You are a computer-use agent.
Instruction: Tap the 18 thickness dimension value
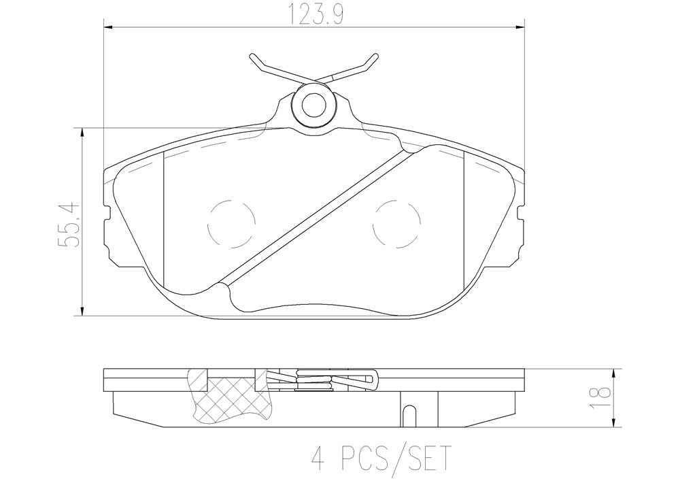click(600, 392)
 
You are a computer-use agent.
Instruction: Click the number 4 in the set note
click(319, 458)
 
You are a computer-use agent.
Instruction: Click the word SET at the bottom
click(426, 458)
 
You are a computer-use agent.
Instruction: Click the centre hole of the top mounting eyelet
click(313, 105)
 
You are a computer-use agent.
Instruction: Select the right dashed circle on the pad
click(397, 225)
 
